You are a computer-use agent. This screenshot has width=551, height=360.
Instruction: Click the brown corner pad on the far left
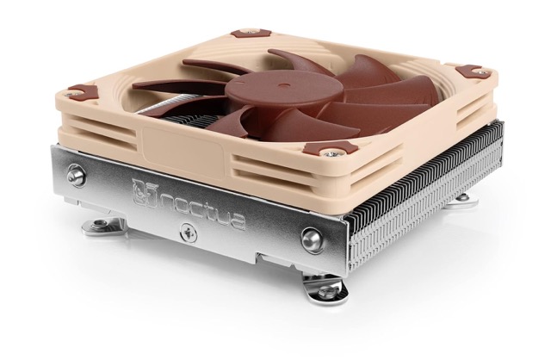pos(84,90)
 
